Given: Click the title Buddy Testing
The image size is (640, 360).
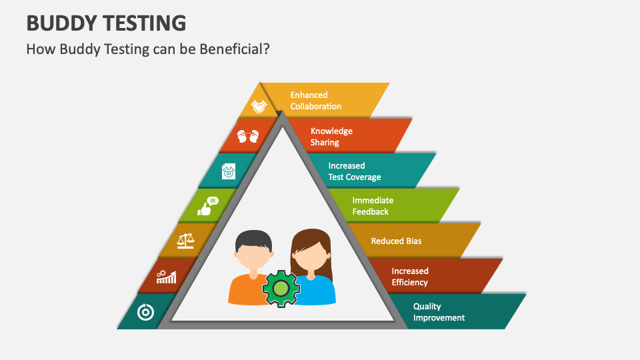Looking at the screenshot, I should [106, 23].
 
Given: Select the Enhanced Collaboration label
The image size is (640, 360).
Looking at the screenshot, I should [315, 101].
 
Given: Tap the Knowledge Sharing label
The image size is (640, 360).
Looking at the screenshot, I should [331, 136].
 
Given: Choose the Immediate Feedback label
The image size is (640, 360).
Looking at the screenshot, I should [372, 206].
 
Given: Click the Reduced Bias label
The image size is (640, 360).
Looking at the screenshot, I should [396, 241].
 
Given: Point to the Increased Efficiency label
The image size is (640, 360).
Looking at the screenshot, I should [409, 276].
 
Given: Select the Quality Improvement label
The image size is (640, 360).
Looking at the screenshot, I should [439, 312].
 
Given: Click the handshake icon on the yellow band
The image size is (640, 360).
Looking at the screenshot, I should [259, 105].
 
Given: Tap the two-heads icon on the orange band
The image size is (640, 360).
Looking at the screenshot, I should [247, 137].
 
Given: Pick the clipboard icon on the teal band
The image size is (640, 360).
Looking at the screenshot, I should [229, 171].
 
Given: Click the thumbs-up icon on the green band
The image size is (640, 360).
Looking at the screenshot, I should [208, 206].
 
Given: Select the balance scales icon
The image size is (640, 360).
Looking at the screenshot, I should [186, 240].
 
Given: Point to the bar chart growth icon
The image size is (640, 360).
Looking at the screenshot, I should [166, 276].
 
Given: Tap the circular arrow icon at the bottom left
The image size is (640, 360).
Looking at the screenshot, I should [145, 312].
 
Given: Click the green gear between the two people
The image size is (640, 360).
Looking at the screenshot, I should [281, 289].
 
